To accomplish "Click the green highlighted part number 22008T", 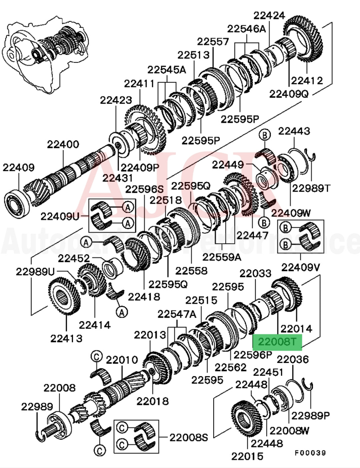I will pos(277,342).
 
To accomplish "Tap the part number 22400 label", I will pos(63,145).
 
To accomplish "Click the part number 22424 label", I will pos(269,15).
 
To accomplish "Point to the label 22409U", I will pos(60,216).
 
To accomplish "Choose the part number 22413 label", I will pos(66,338).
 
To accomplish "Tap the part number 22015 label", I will pos(247,456).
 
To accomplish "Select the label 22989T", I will pos(311,188).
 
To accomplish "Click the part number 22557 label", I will pos(213,42).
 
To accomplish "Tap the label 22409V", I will pos(301,267).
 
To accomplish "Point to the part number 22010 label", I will pos(122,360).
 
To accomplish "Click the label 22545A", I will pos(166,70).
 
